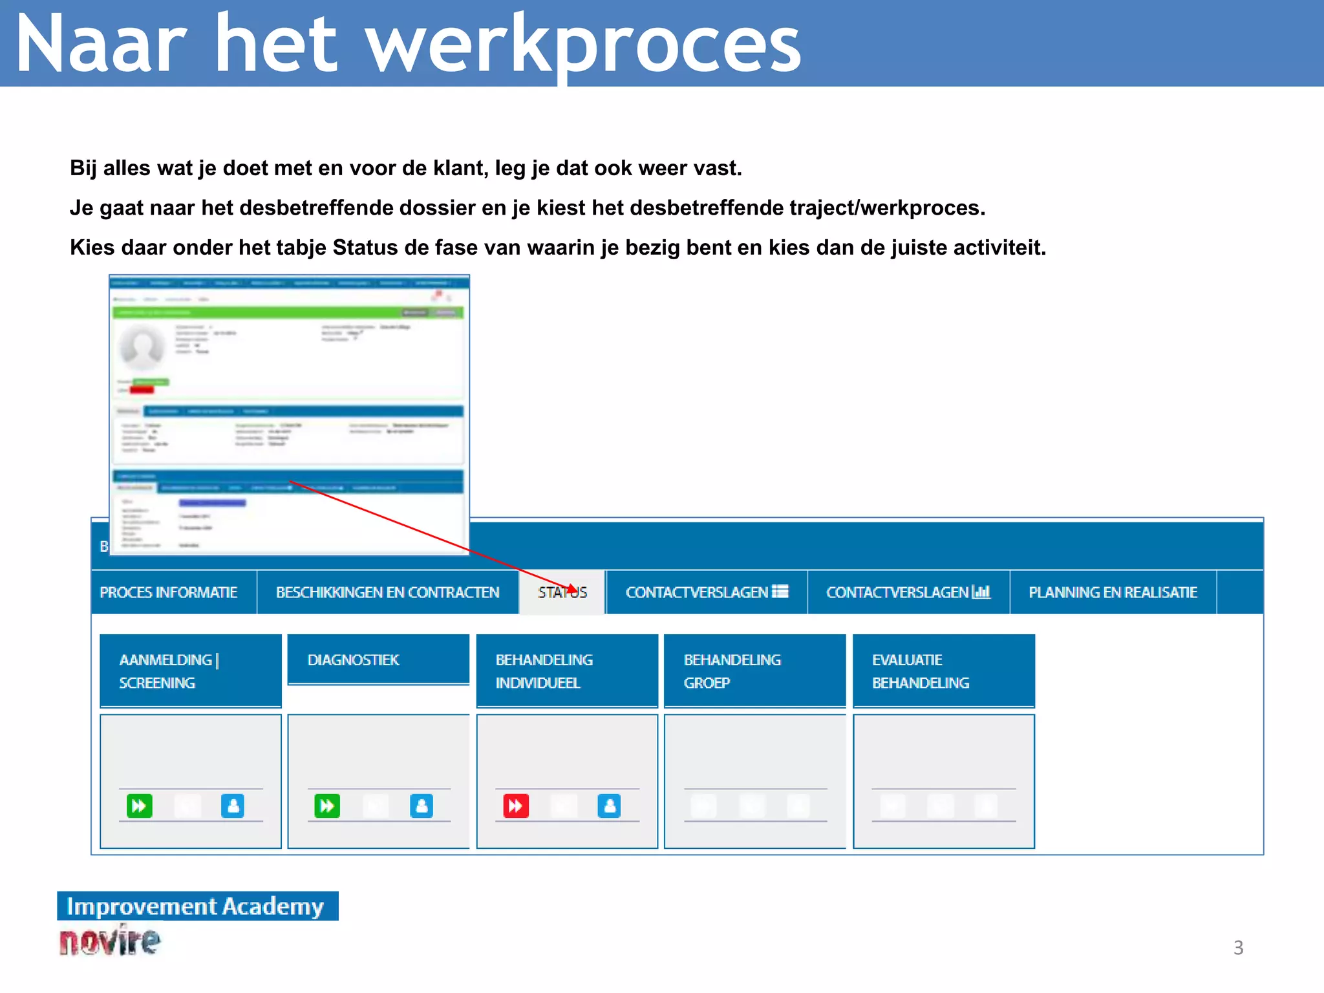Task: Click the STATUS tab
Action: click(x=562, y=592)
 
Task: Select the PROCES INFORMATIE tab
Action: click(x=169, y=592)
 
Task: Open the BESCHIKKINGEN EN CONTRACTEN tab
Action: click(x=387, y=592)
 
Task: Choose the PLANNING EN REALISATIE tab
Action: click(x=1113, y=592)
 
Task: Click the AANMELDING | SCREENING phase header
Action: click(x=191, y=671)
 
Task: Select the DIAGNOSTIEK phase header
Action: click(x=378, y=660)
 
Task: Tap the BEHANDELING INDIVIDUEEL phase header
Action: click(x=567, y=671)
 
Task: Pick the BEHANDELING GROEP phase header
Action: click(x=754, y=671)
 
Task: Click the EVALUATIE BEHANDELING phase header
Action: click(x=943, y=671)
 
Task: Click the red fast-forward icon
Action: click(x=516, y=806)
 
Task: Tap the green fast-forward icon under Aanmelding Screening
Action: click(x=140, y=806)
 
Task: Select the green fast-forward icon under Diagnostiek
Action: click(x=327, y=806)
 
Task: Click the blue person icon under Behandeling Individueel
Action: click(x=609, y=806)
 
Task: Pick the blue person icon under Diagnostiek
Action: click(x=422, y=806)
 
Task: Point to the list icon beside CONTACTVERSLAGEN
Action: click(x=780, y=592)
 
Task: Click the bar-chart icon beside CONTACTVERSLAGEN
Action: click(x=981, y=592)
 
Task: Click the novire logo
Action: click(x=110, y=941)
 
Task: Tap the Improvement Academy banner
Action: click(x=197, y=906)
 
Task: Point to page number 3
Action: click(x=1238, y=948)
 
